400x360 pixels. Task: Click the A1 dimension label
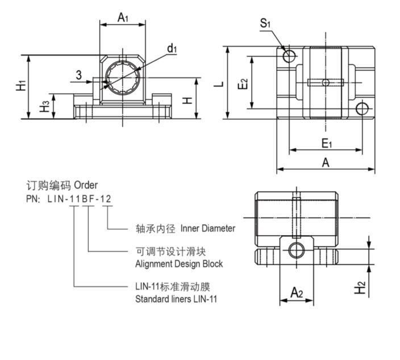click(x=123, y=18)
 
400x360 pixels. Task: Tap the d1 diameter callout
click(x=172, y=49)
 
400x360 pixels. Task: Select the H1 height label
click(x=21, y=86)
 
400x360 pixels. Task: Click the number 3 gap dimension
click(x=78, y=74)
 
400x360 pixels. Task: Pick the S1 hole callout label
click(x=265, y=23)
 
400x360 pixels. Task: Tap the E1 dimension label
click(x=326, y=143)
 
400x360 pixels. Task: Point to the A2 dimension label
click(x=297, y=292)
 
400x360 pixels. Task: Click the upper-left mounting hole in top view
click(x=289, y=56)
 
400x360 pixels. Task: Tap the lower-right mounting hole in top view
click(x=362, y=108)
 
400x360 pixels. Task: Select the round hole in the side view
click(x=296, y=250)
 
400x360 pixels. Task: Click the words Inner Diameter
click(x=207, y=228)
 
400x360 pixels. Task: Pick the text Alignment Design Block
click(x=178, y=263)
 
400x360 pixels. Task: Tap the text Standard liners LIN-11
click(x=176, y=299)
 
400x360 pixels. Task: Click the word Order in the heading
click(x=86, y=185)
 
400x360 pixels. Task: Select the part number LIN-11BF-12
click(x=80, y=199)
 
